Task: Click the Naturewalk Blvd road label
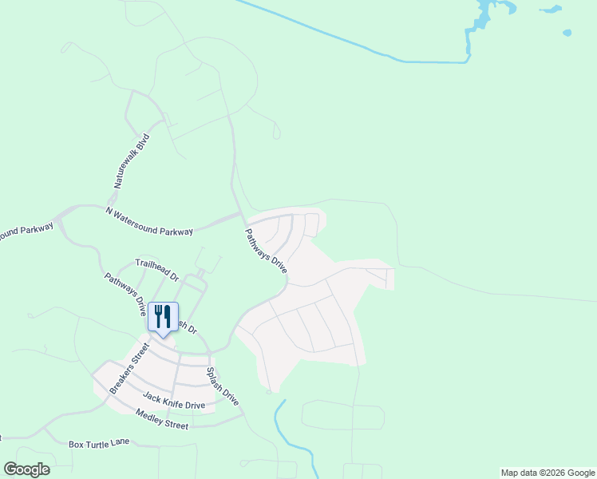[132, 160]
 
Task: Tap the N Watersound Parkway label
[149, 221]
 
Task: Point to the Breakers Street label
[129, 368]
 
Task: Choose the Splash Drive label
[223, 385]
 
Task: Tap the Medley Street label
[162, 419]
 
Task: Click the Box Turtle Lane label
[99, 443]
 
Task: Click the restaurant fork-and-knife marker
[163, 316]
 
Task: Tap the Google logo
[26, 469]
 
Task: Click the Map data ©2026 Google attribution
[548, 473]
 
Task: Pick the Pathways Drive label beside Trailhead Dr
[126, 295]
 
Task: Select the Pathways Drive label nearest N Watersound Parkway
[265, 251]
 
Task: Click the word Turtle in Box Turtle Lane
[99, 443]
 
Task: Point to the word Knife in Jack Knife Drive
[175, 401]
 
